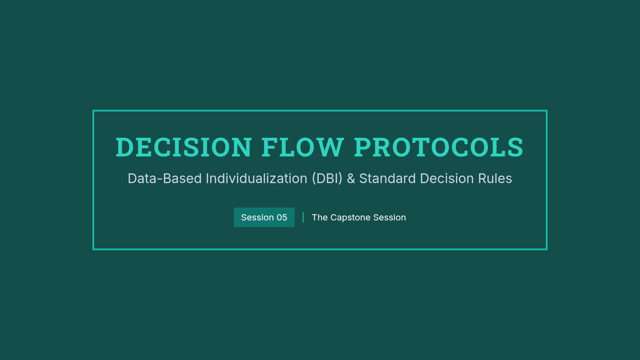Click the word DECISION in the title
[x=183, y=147]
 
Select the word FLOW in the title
[x=302, y=147]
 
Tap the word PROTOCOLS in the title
[x=438, y=147]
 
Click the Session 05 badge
[x=264, y=218]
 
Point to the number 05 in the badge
[x=282, y=218]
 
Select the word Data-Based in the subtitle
[x=165, y=179]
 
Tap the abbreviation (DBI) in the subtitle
[x=327, y=179]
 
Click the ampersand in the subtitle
[x=351, y=179]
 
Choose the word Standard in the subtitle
[x=387, y=179]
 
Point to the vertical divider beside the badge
[x=303, y=218]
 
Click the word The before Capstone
[x=319, y=218]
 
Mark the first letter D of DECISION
[x=125, y=147]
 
